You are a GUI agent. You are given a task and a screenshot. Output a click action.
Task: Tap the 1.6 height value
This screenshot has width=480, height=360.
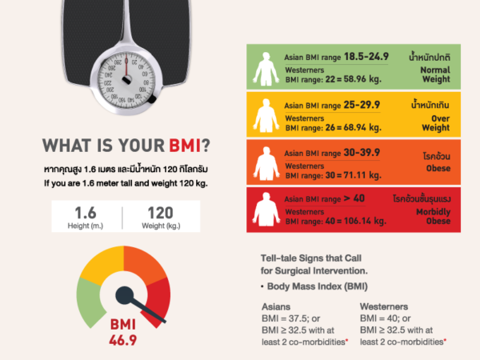pyautogui.click(x=86, y=213)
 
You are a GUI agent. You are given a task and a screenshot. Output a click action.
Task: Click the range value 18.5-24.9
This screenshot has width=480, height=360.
pyautogui.click(x=366, y=57)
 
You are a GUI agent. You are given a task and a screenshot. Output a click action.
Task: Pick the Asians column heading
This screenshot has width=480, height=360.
pyautogui.click(x=277, y=306)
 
